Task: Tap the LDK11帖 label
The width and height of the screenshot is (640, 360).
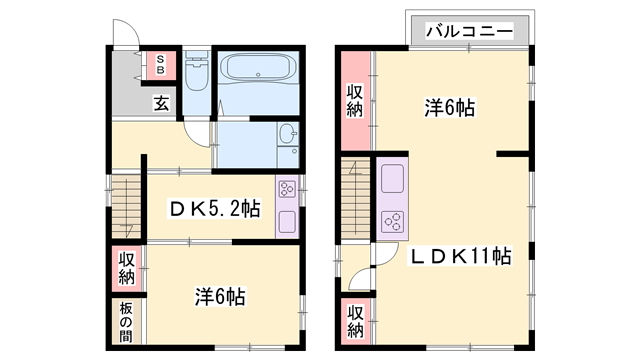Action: click(461, 257)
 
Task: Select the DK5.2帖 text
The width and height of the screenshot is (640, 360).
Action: click(213, 209)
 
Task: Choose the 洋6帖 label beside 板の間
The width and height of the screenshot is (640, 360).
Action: click(220, 297)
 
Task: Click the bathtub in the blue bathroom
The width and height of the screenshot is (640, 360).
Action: click(258, 69)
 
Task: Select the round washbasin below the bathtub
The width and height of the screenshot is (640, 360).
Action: click(287, 135)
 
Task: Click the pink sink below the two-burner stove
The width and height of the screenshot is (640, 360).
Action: click(286, 221)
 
